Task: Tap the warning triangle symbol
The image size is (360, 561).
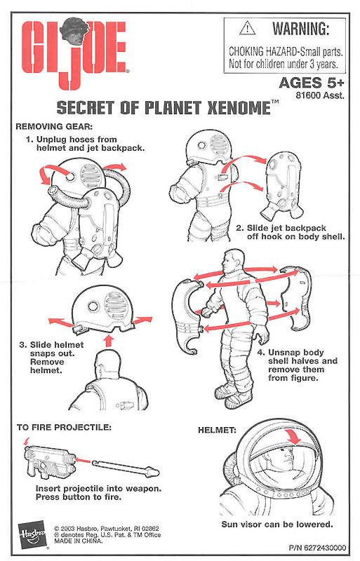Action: tap(247, 28)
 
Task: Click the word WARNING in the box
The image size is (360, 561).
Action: tap(301, 28)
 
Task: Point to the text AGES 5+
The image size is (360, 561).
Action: tap(312, 83)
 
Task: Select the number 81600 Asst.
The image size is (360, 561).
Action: tap(320, 95)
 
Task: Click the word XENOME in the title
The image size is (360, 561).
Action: tap(239, 108)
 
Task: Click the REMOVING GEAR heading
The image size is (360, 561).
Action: tap(54, 126)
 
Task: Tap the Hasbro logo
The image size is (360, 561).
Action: tap(32, 534)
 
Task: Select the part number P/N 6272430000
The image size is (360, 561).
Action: tap(317, 548)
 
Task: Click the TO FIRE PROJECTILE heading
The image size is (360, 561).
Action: tap(64, 427)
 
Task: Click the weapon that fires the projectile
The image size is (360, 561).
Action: tap(50, 460)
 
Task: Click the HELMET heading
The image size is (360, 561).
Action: tap(217, 430)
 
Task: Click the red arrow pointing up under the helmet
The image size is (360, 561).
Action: tap(109, 341)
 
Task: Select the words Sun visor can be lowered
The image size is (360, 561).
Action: tap(277, 525)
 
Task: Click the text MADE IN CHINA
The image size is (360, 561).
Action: tap(79, 541)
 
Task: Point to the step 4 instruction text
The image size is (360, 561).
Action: tap(298, 365)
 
